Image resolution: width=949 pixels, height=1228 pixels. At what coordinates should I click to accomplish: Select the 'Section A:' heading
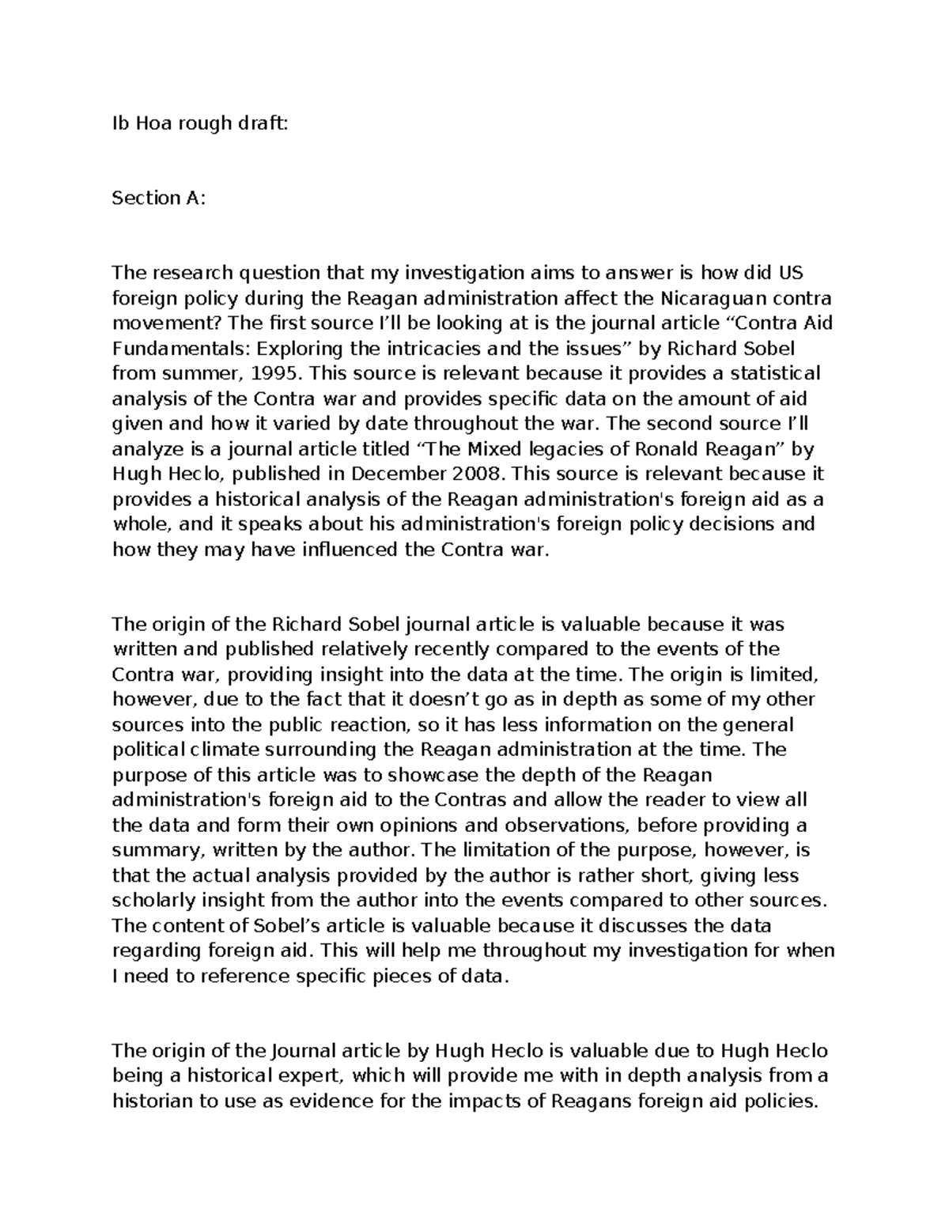click(158, 198)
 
